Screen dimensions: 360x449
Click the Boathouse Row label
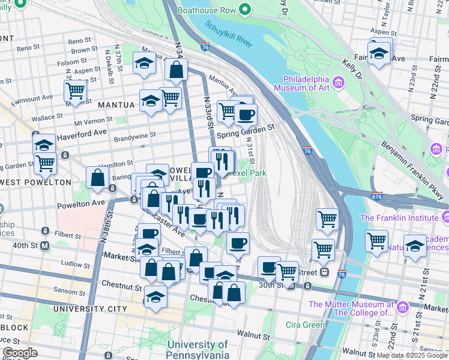206,10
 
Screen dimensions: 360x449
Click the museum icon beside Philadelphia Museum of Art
337,82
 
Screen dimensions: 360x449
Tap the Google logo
20,353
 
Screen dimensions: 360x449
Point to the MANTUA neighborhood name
116,104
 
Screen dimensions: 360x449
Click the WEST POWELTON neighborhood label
36,182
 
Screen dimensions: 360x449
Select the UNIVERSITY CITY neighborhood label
89,308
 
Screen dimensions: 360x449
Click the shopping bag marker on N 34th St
176,70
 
